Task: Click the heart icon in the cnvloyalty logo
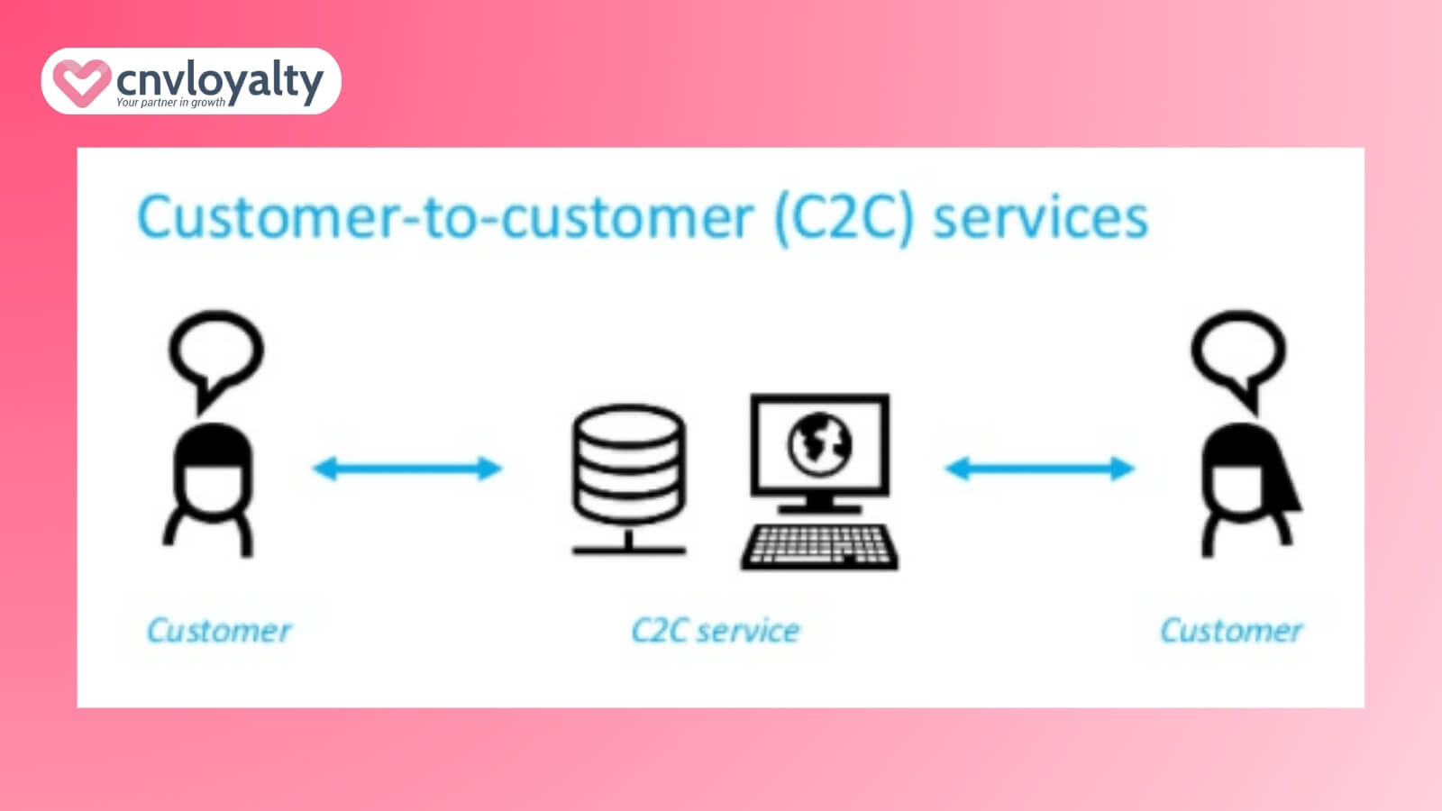click(81, 82)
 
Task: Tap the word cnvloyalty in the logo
click(219, 80)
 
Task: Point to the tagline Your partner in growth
click(170, 103)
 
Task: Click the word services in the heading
click(1040, 218)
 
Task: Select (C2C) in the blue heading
click(844, 218)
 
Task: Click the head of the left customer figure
click(213, 469)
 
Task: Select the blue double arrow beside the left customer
click(406, 469)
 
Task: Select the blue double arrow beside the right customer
click(1039, 469)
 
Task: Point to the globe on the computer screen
click(819, 443)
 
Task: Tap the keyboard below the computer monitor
click(819, 546)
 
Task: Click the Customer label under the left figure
click(219, 631)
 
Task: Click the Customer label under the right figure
click(1231, 631)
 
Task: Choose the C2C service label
click(716, 631)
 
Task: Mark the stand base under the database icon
click(628, 548)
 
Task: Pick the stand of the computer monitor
click(819, 505)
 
